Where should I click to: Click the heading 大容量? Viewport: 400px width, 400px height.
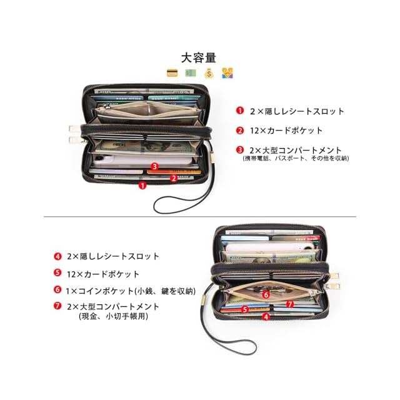tap(199, 57)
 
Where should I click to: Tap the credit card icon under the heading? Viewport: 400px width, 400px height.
tap(172, 73)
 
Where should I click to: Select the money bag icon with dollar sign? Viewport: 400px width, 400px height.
tap(208, 73)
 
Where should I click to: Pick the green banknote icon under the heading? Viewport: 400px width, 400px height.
tap(190, 73)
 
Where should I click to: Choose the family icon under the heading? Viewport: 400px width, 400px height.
tap(227, 73)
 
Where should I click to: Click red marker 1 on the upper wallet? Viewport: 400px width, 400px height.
tap(142, 185)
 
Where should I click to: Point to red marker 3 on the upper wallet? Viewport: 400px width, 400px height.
tap(154, 166)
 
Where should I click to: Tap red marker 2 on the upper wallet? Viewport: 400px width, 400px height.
tap(173, 177)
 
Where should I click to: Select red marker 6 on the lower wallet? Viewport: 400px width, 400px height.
tap(266, 294)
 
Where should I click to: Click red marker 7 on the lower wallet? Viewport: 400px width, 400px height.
tap(290, 304)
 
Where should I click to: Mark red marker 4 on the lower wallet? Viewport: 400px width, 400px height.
tap(266, 317)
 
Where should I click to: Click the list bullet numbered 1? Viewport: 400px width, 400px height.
tap(239, 111)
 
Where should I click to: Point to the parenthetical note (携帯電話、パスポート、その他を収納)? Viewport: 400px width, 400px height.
tap(296, 159)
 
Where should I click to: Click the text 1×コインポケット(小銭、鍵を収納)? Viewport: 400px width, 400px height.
tap(131, 290)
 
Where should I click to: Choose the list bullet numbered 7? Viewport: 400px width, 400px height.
tap(57, 306)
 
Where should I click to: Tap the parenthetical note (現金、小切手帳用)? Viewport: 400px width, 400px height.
tap(112, 316)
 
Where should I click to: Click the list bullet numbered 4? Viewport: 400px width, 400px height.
tap(57, 256)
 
